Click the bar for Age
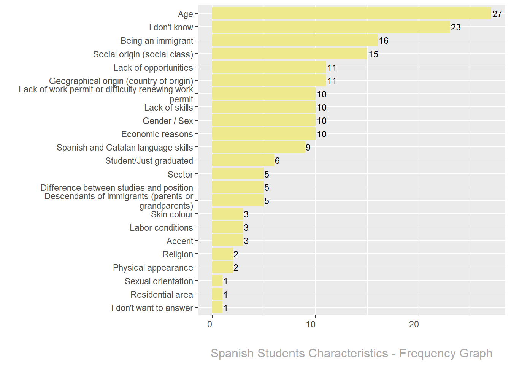pyautogui.click(x=351, y=14)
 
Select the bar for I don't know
pyautogui.click(x=331, y=27)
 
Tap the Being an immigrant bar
pyautogui.click(x=295, y=40)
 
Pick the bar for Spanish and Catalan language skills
pyautogui.click(x=259, y=147)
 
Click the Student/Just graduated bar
pyautogui.click(x=243, y=160)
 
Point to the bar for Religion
pyautogui.click(x=222, y=254)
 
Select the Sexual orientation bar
pyautogui.click(x=217, y=281)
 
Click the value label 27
pyautogui.click(x=497, y=14)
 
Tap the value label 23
pyautogui.click(x=455, y=27)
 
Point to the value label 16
pyautogui.click(x=384, y=41)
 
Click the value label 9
pyautogui.click(x=308, y=148)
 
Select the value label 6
pyautogui.click(x=277, y=161)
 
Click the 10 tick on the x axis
pyautogui.click(x=311, y=324)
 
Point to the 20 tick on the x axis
pyautogui.click(x=414, y=324)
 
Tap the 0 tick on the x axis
pyautogui.click(x=210, y=324)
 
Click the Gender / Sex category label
pyautogui.click(x=168, y=121)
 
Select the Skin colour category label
pyautogui.click(x=172, y=214)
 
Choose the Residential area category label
pyautogui.click(x=162, y=295)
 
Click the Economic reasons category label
pyautogui.click(x=157, y=134)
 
